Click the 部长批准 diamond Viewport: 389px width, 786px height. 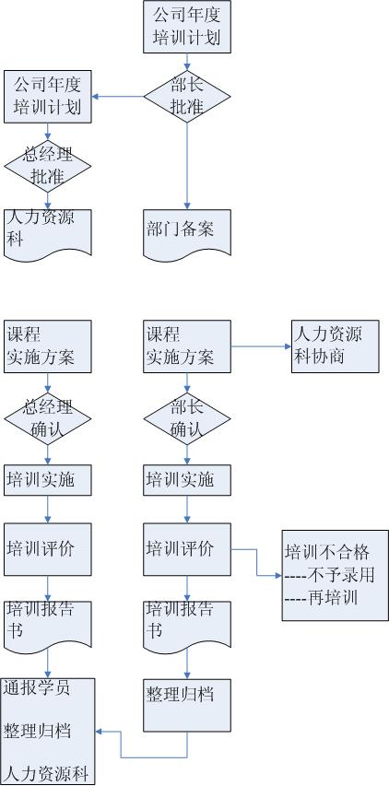click(187, 97)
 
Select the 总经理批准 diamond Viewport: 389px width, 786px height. click(48, 167)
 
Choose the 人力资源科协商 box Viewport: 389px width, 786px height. click(336, 346)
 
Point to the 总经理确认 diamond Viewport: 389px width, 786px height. click(48, 418)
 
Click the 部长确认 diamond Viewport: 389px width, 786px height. click(187, 418)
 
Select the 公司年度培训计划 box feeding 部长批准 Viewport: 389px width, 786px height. click(187, 27)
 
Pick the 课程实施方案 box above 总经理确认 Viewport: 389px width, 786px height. click(48, 346)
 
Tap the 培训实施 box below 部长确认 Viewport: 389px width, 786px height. click(187, 480)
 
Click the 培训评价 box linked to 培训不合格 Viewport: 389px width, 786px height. click(187, 549)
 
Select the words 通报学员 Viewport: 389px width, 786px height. click(38, 687)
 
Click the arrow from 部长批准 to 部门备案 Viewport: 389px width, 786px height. click(187, 166)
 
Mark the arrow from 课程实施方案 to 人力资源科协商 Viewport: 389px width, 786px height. click(261, 346)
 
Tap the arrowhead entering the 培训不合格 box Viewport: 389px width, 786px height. click(278, 576)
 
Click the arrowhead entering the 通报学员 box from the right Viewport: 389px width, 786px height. click(99, 732)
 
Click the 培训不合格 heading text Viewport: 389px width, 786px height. click(327, 552)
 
